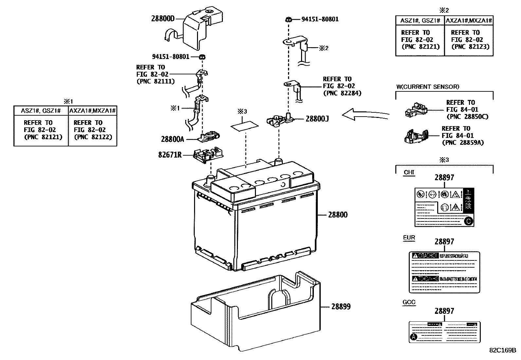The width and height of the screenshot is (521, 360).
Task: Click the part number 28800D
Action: pyautogui.click(x=163, y=19)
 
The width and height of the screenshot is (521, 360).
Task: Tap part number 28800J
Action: pyautogui.click(x=317, y=119)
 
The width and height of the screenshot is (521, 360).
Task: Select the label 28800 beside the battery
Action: pyautogui.click(x=338, y=215)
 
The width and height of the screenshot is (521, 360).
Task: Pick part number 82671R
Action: pyautogui.click(x=170, y=155)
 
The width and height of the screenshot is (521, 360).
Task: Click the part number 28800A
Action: pyautogui.click(x=172, y=139)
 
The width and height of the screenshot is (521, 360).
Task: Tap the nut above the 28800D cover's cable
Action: pyautogui.click(x=202, y=57)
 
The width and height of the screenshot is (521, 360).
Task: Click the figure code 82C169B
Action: pyautogui.click(x=502, y=350)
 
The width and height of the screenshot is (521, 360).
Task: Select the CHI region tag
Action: pyautogui.click(x=409, y=172)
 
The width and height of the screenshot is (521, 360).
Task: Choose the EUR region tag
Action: pyautogui.click(x=409, y=238)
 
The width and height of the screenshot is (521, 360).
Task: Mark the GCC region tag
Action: pyautogui.click(x=409, y=302)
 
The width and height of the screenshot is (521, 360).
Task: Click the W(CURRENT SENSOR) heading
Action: pyautogui.click(x=427, y=87)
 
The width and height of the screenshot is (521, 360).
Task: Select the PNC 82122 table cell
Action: pyautogui.click(x=93, y=130)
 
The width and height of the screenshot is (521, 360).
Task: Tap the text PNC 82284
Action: pyautogui.click(x=342, y=93)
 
